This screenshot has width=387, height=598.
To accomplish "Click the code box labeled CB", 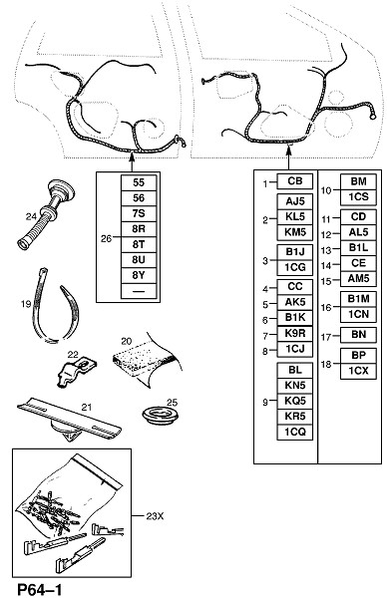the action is [294, 181].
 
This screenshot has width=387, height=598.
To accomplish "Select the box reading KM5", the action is [294, 232].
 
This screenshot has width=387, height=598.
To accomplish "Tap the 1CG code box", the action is [294, 267].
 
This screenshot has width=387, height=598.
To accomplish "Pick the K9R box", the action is [294, 334].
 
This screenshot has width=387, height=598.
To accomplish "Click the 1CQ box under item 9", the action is [294, 433].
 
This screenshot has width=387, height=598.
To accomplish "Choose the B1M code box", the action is [358, 299].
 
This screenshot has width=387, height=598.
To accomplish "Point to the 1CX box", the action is [358, 371].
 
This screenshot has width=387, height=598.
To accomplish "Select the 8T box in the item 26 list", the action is [139, 244].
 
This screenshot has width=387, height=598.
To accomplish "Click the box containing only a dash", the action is [139, 291].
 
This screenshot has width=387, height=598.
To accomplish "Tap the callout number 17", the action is [325, 337].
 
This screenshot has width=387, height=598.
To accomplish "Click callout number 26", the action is [106, 238].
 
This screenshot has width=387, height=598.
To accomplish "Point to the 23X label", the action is [155, 516].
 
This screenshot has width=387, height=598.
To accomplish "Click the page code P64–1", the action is [40, 589].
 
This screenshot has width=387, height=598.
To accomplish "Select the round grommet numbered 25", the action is [161, 417].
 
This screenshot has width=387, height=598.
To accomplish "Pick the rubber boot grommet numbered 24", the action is [47, 213].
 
